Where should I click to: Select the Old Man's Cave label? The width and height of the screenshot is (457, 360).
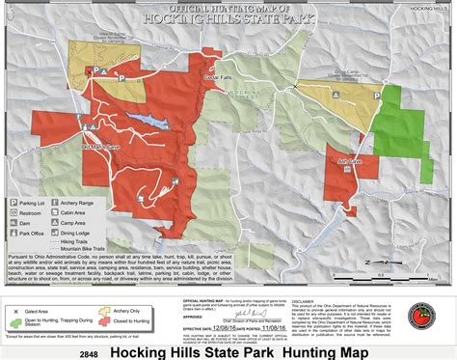pyautogui.click(x=101, y=147)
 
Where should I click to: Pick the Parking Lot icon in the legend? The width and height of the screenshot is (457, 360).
pyautogui.click(x=14, y=204)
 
